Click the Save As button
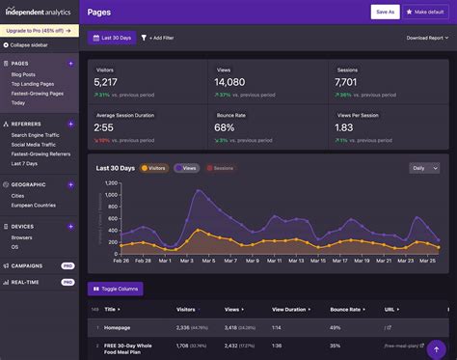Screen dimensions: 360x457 pos(385,12)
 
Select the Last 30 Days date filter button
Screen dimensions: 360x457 pos(111,38)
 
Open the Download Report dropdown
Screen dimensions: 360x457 pos(427,38)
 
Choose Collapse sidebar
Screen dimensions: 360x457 pos(32,45)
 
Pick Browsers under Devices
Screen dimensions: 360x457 pos(22,236)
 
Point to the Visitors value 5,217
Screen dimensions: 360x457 pos(106,82)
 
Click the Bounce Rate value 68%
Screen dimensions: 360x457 pos(225,127)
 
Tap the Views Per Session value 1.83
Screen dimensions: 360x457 pos(343,127)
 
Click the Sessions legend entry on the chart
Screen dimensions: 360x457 pos(221,168)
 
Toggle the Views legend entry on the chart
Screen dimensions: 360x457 pos(186,168)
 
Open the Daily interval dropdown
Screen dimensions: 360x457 pos(423,168)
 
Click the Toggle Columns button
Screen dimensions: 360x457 pos(116,289)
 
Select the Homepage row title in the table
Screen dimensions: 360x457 pos(118,327)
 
